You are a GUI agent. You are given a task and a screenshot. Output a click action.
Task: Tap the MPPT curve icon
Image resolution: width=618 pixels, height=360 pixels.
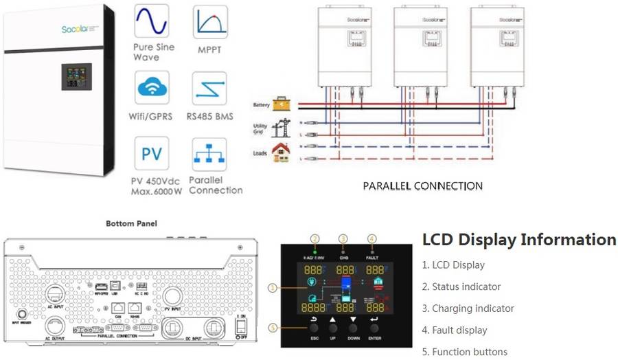tap(209, 23)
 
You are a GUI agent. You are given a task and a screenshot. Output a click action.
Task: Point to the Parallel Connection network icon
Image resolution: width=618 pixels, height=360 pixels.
tap(209, 155)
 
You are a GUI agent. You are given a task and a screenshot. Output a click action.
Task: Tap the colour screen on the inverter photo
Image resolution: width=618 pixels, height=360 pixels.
tap(76, 77)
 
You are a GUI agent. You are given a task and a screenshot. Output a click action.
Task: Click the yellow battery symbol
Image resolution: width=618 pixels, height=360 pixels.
tap(282, 104)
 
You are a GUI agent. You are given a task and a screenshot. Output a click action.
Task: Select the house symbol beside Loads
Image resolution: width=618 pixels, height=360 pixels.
tap(279, 152)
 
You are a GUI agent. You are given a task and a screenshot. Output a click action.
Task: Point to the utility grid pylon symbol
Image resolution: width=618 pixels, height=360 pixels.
tap(280, 128)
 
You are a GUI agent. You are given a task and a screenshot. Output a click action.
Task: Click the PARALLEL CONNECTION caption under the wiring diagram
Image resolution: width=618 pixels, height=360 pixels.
tap(422, 185)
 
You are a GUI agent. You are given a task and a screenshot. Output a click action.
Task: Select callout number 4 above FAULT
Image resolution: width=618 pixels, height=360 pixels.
tap(371, 238)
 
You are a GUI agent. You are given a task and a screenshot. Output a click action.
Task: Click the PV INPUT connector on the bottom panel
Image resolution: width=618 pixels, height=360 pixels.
tap(173, 297)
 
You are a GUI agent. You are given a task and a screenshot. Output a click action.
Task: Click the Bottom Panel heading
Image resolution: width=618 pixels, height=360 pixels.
tap(131, 223)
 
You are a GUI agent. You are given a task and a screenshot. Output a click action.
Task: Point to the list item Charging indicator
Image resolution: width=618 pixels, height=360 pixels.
tap(468, 308)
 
